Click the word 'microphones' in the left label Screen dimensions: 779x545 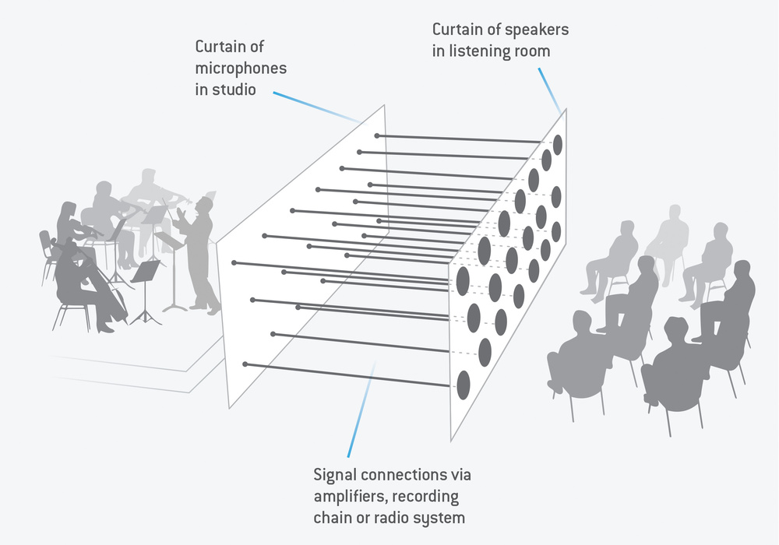241,69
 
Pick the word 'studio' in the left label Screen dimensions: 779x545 234,90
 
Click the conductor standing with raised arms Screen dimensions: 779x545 198,253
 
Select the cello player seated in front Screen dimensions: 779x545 84,283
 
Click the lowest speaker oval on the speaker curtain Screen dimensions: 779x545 463,385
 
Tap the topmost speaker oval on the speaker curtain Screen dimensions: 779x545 558,145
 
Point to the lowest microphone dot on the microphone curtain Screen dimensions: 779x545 245,364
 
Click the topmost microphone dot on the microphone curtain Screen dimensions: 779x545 377,135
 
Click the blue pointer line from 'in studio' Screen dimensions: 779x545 316,107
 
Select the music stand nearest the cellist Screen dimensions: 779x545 145,293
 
